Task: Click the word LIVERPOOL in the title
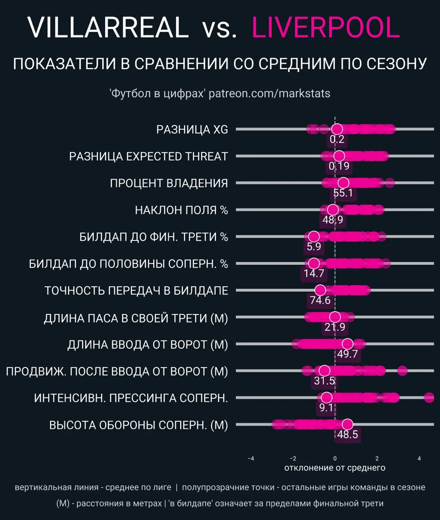click(325, 28)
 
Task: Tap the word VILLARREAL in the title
click(108, 28)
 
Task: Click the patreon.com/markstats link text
click(269, 93)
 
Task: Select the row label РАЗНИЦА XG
click(192, 130)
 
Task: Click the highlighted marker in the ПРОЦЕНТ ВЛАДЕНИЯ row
click(343, 183)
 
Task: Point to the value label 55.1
click(343, 193)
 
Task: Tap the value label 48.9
click(333, 220)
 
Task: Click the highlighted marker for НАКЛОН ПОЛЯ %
click(333, 210)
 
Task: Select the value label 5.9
click(314, 247)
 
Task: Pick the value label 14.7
click(314, 273)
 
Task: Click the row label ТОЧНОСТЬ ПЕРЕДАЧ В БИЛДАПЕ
click(136, 291)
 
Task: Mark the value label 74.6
click(320, 301)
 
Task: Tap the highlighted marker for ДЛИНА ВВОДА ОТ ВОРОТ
click(347, 344)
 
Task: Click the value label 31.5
click(324, 381)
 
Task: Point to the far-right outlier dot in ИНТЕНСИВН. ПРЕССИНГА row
click(429, 398)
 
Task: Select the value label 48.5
click(347, 435)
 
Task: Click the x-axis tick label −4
click(251, 459)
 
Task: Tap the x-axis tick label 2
click(377, 459)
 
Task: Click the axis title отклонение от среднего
click(335, 468)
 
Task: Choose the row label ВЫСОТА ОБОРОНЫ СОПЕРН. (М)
click(139, 425)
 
